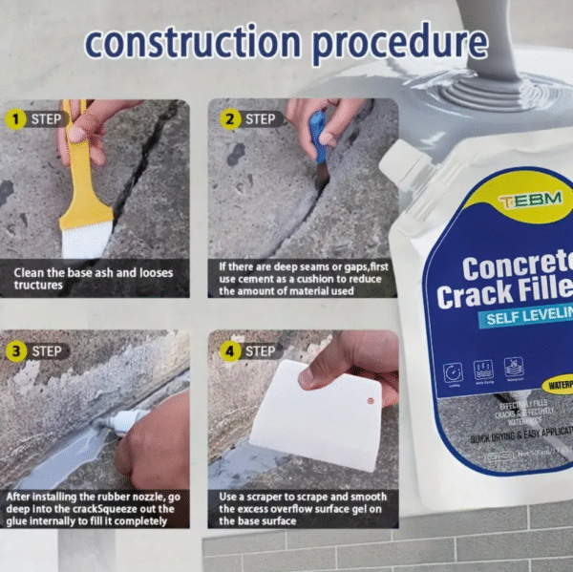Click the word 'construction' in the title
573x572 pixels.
click(190, 43)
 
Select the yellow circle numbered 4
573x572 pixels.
click(230, 350)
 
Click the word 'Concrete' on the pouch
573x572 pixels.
click(517, 265)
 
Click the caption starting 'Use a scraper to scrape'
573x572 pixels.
click(303, 497)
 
